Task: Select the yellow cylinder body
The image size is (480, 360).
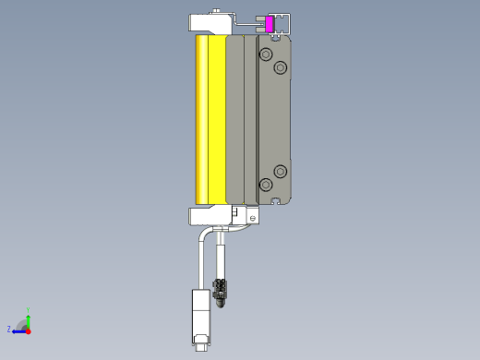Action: coord(210,120)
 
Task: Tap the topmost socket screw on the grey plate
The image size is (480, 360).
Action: coord(267,56)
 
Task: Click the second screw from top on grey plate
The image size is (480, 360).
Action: coord(281,68)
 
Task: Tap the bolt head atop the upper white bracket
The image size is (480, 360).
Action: coord(215,11)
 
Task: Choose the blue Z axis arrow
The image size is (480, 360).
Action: coord(18,330)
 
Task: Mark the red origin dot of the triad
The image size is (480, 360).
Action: coord(29,330)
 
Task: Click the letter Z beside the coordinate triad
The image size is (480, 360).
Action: coord(9,329)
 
